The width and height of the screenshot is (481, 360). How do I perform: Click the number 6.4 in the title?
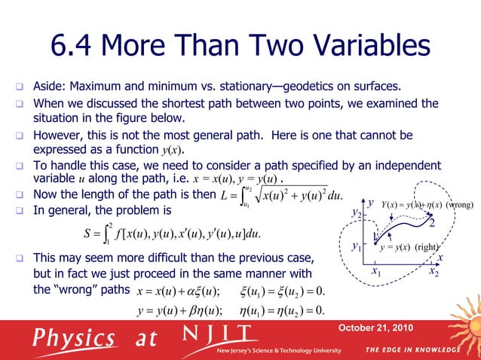pyautogui.click(x=76, y=47)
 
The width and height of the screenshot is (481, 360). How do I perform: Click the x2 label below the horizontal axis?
pyautogui.click(x=434, y=271)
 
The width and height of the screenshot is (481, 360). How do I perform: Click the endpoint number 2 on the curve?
pyautogui.click(x=432, y=224)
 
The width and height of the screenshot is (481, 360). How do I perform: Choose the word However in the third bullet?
pyautogui.click(x=61, y=136)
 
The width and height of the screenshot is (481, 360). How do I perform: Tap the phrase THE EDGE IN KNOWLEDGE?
pyautogui.click(x=412, y=350)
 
